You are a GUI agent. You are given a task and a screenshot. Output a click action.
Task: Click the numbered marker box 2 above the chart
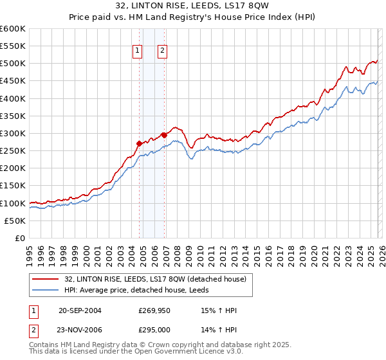pyautogui.click(x=163, y=52)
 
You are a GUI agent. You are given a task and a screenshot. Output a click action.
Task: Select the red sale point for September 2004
pyautogui.click(x=139, y=144)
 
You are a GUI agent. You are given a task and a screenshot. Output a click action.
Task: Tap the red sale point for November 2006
pyautogui.click(x=164, y=135)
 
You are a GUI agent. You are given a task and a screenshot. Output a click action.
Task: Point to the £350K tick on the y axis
pyautogui.click(x=13, y=116)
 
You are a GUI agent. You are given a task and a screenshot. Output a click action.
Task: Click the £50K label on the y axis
pyautogui.click(x=15, y=221)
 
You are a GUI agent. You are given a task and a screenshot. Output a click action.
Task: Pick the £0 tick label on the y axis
pyautogui.click(x=20, y=238)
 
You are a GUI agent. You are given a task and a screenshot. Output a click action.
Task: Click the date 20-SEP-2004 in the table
pyautogui.click(x=80, y=310)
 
